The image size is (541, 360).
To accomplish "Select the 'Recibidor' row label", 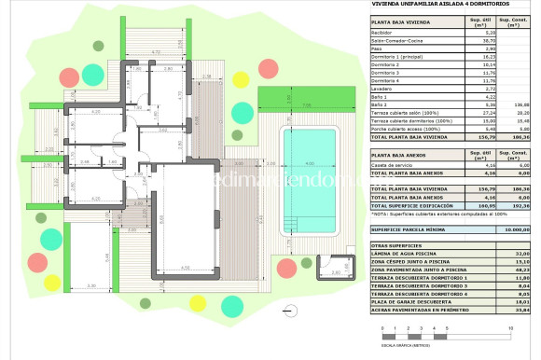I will pos(384,32).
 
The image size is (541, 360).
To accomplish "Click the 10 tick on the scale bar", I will pos(510,328).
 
